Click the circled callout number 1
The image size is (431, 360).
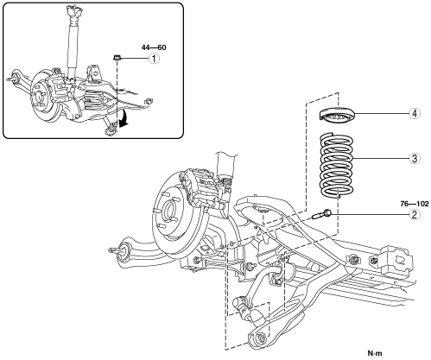[x=154, y=59]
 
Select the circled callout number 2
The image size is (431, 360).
[x=414, y=214]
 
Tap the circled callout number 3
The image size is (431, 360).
[x=415, y=158]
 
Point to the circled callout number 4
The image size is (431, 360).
[x=415, y=113]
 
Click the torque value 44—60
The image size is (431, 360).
[x=154, y=47]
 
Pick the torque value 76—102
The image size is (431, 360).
[x=415, y=204]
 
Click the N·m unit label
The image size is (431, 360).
[x=375, y=352]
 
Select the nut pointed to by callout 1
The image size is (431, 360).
[x=117, y=58]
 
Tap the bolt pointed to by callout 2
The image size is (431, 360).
[x=321, y=214]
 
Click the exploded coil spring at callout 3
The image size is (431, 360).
[x=337, y=166]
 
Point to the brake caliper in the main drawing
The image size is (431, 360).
[x=200, y=187]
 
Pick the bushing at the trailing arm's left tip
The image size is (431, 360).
[x=124, y=250]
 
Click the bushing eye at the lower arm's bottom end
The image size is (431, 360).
[x=261, y=338]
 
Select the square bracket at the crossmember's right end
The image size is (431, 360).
[x=397, y=261]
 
